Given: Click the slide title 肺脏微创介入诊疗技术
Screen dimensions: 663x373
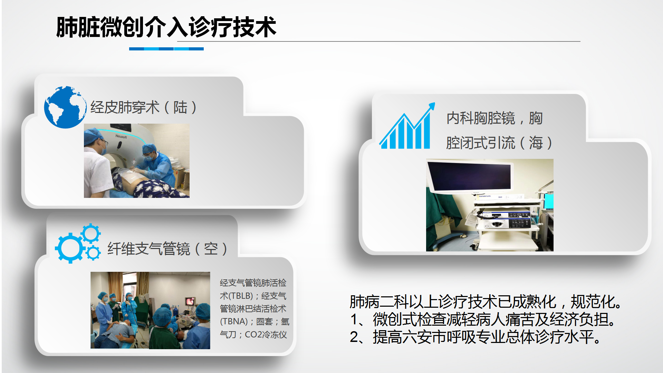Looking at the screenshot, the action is (x=166, y=27).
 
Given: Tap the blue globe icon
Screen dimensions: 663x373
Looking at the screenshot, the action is (x=65, y=107).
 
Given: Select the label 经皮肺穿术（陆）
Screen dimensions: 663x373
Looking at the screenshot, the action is (x=144, y=107).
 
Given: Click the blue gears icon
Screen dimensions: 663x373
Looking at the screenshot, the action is (x=78, y=243).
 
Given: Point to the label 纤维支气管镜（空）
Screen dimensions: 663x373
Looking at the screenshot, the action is (x=167, y=249).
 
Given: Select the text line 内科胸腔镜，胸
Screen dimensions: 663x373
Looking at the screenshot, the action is (x=494, y=118).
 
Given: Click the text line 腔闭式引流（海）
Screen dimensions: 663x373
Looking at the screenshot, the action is (x=499, y=143).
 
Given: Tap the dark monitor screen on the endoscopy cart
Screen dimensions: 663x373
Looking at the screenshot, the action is (x=470, y=176).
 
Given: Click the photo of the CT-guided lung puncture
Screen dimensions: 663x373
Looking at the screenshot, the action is (x=137, y=161).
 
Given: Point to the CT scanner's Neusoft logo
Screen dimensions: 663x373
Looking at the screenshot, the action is (x=121, y=136).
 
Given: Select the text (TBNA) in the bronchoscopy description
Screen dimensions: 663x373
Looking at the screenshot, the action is (x=234, y=322).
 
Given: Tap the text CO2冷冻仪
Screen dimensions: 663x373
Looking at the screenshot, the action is (x=266, y=335).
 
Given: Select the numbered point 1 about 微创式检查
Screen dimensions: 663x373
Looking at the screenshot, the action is (x=483, y=319).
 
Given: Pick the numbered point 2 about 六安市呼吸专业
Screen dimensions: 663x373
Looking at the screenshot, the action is (x=475, y=337).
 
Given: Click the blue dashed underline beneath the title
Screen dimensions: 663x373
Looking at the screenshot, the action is (x=166, y=49).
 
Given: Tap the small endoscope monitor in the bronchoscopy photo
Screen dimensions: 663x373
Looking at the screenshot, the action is (x=190, y=302).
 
